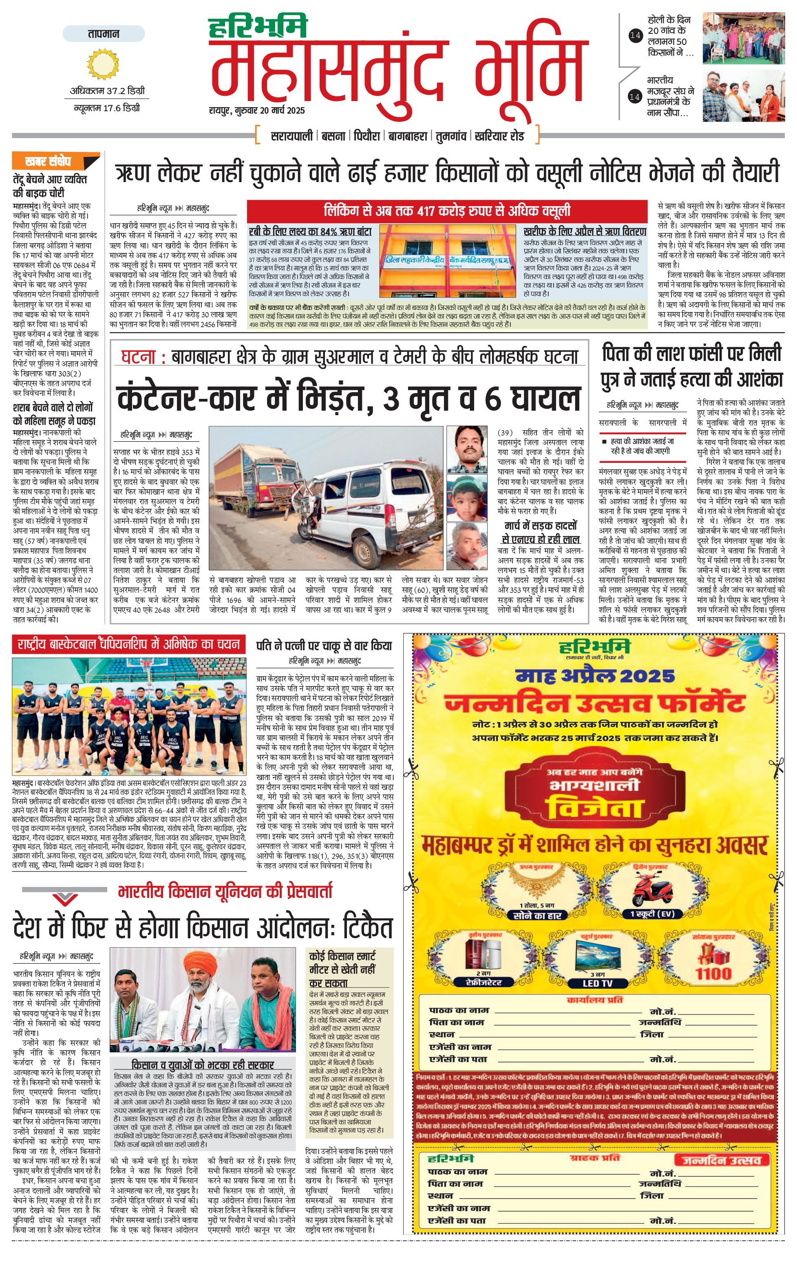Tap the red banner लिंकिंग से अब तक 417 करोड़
447,211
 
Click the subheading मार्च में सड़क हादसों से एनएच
540,532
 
